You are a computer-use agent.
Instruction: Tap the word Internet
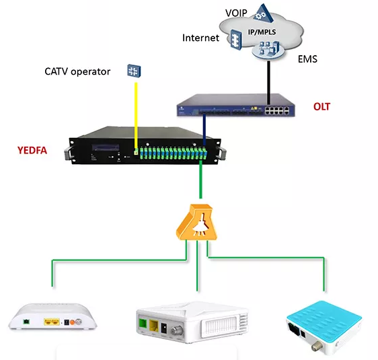coord(200,38)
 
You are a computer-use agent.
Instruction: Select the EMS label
coord(307,59)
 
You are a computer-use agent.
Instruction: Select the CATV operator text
coord(77,71)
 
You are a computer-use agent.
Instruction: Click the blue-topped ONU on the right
coord(326,322)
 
